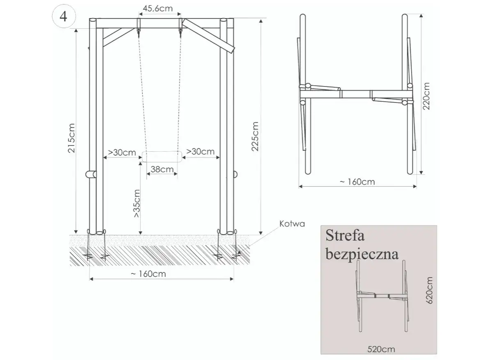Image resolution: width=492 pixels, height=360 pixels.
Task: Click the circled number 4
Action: [x=63, y=16]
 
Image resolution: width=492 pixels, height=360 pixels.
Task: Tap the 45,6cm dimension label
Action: [x=158, y=9]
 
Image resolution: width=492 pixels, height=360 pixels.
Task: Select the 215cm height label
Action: [x=71, y=138]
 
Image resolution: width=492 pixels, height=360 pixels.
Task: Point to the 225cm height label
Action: [x=255, y=137]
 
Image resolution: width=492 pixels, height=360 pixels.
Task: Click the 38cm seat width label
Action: [x=162, y=169]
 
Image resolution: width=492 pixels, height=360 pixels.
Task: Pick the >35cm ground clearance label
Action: [x=137, y=203]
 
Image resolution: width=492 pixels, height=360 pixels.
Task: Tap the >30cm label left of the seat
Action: [x=122, y=153]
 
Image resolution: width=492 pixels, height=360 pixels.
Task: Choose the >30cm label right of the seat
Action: [x=200, y=151]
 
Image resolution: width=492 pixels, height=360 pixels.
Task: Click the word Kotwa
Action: [x=292, y=223]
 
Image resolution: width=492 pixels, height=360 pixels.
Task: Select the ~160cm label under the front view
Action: [x=148, y=274]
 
